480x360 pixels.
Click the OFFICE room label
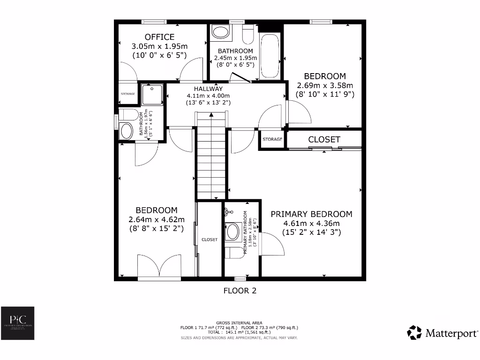point(159,37)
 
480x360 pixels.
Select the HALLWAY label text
point(209,89)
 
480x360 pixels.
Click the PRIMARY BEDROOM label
point(311,214)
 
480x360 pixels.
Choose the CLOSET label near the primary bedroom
point(324,140)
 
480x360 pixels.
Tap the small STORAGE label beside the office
point(128,94)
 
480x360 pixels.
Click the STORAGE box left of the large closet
point(272,139)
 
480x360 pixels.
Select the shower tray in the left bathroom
point(152,94)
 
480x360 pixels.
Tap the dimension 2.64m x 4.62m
point(156,219)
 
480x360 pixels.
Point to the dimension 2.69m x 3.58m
point(325,85)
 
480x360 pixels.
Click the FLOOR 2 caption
point(240,291)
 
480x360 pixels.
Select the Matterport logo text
point(450,333)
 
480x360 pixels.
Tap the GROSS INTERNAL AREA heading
point(239,323)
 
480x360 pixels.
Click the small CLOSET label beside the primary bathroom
point(210,240)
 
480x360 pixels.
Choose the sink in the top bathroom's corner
point(220,32)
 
